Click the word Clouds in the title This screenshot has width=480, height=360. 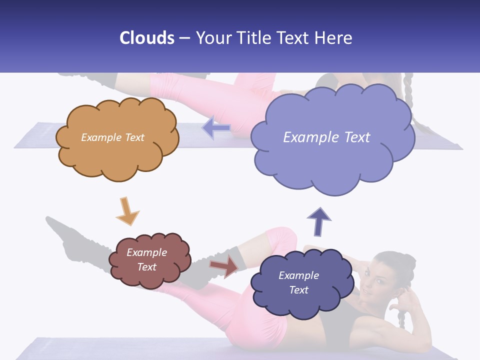click(147, 38)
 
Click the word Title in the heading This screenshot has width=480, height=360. click(254, 38)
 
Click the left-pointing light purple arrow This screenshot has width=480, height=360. click(216, 128)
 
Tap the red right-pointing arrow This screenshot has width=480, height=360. click(224, 266)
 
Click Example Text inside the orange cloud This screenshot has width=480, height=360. click(112, 137)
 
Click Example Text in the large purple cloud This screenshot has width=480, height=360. click(326, 137)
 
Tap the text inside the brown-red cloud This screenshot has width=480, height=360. click(147, 259)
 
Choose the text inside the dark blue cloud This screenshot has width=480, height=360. click(298, 282)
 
